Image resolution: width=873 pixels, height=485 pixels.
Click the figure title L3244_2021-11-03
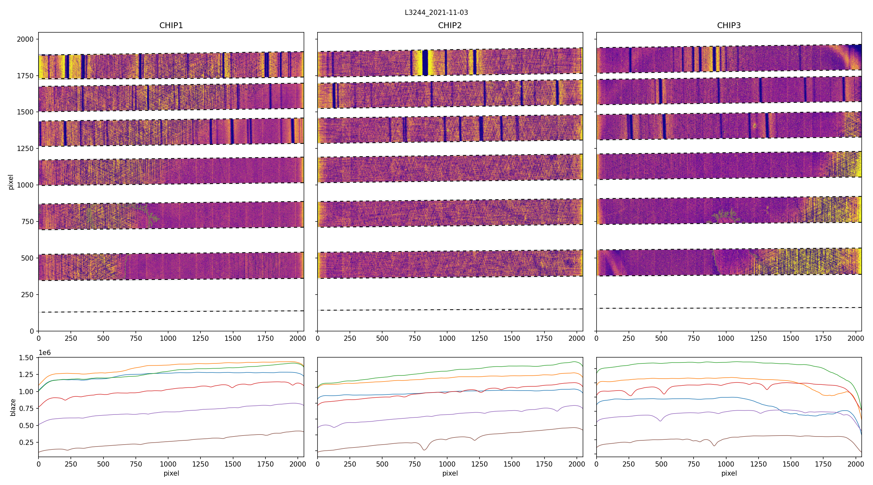[436, 13]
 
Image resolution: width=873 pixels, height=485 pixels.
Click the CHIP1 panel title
[171, 26]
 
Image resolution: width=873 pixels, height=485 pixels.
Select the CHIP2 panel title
[450, 26]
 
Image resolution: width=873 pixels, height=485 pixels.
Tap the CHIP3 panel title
[728, 26]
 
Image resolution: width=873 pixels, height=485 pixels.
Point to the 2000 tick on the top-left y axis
[26, 39]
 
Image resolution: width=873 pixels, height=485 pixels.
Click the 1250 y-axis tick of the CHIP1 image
[26, 148]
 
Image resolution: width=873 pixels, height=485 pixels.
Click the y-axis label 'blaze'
[13, 407]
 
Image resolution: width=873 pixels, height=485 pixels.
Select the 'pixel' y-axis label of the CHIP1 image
[11, 182]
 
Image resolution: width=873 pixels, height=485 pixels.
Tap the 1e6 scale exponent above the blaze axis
[45, 353]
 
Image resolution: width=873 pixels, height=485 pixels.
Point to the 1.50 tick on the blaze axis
[27, 358]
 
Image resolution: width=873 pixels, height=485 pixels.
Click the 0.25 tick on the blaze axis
[27, 442]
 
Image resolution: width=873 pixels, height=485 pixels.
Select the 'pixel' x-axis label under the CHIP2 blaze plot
[450, 473]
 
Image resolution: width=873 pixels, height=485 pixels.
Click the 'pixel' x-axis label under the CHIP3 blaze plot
[728, 473]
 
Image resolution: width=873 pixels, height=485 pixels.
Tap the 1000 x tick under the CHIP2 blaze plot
[447, 464]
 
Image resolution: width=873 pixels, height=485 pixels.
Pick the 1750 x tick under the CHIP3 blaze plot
[823, 464]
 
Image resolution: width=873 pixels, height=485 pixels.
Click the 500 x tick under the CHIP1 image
[103, 338]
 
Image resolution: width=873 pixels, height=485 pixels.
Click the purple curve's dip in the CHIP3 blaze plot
[660, 421]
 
